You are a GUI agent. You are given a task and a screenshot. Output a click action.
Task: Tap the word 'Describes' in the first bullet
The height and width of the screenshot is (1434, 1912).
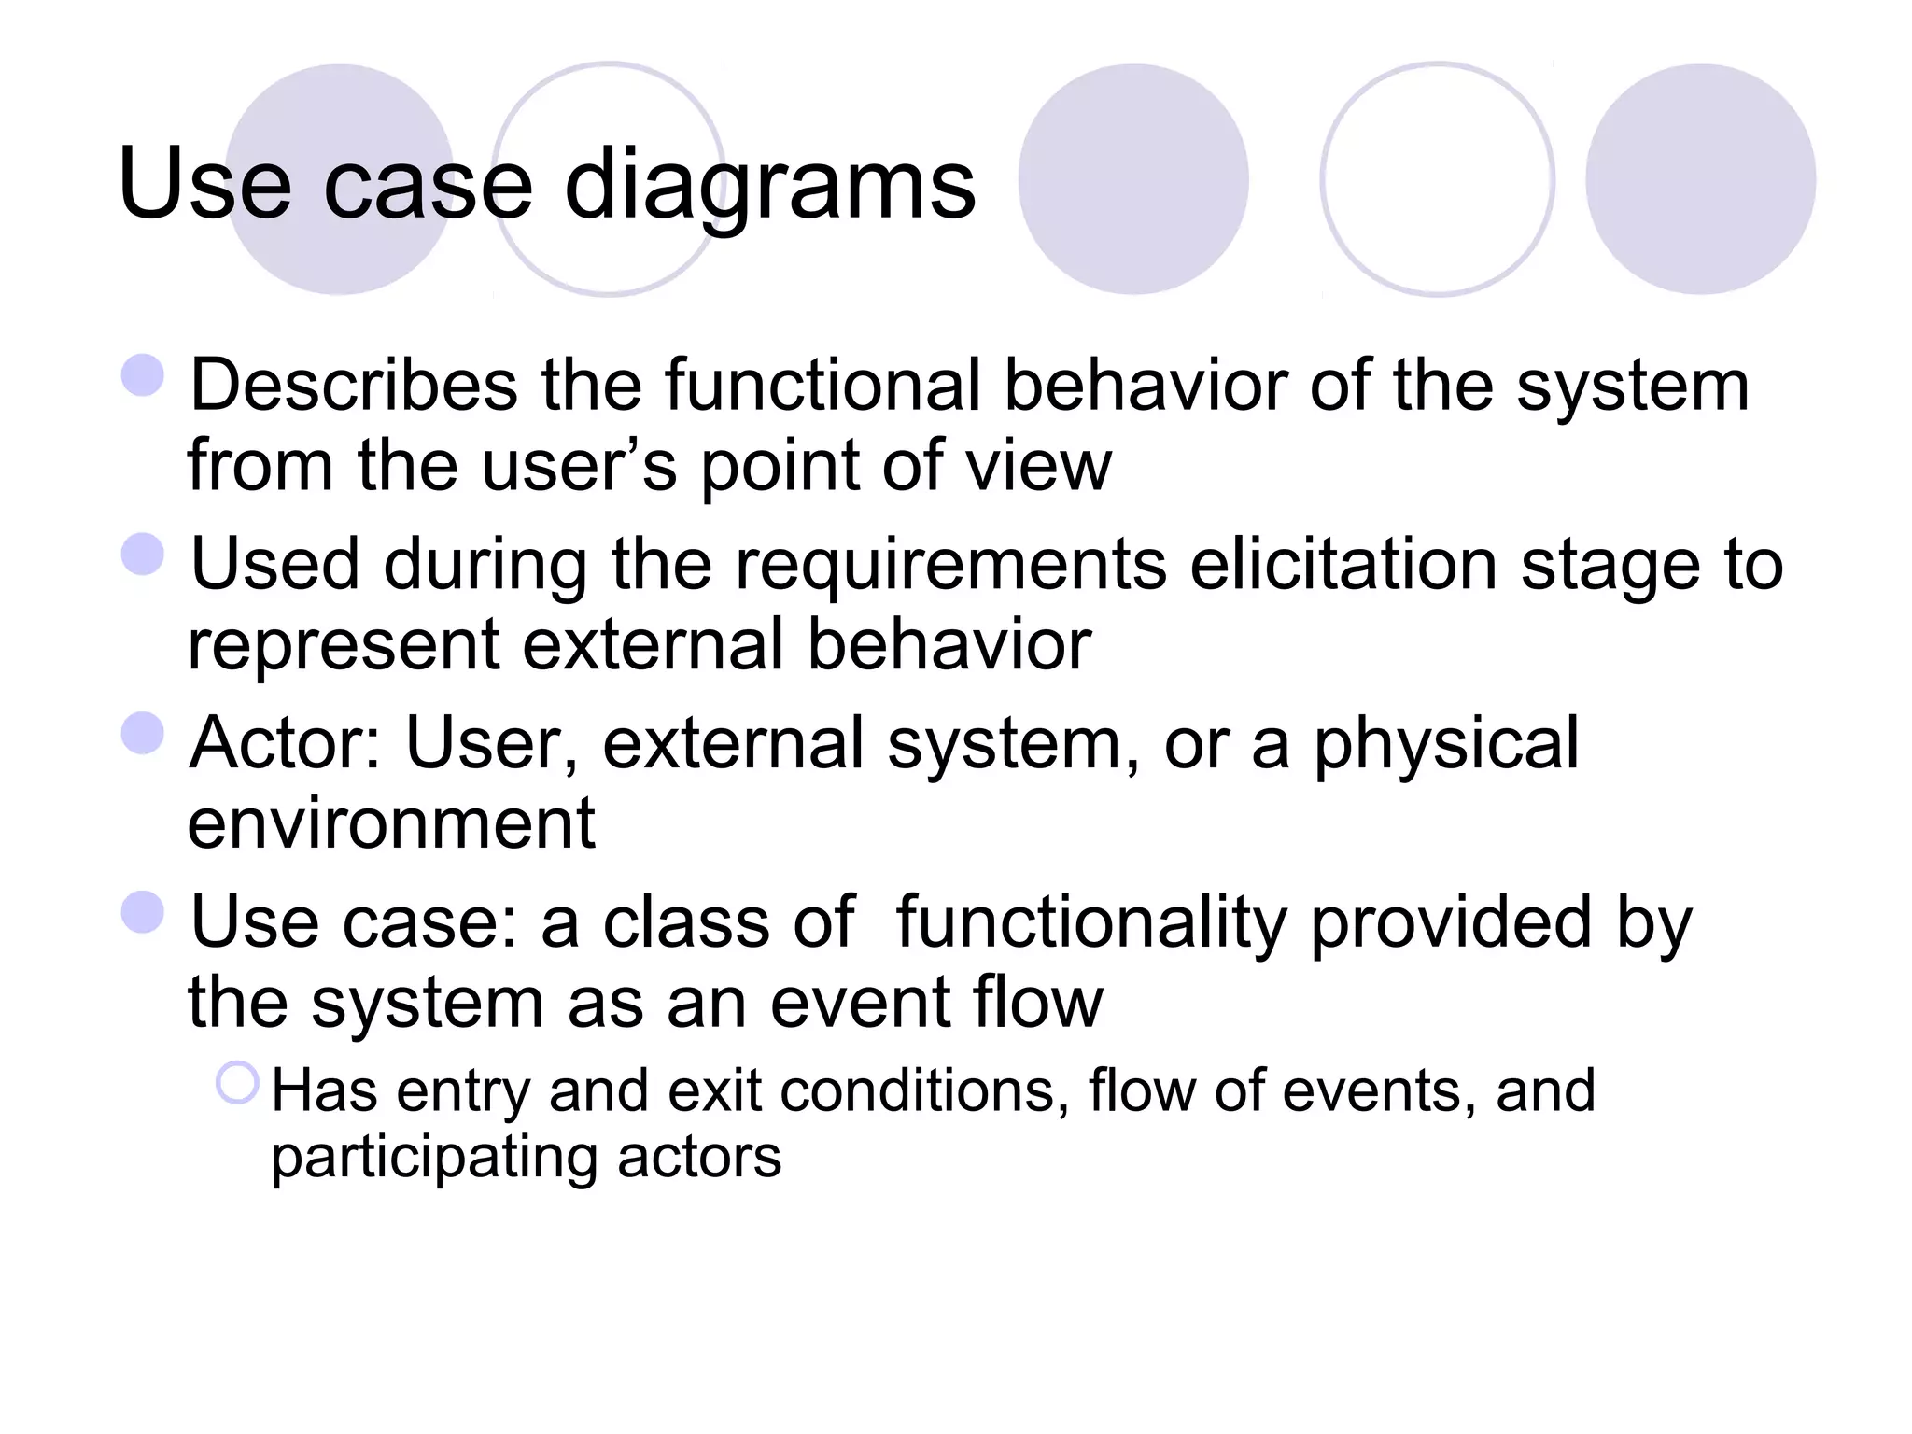(x=354, y=385)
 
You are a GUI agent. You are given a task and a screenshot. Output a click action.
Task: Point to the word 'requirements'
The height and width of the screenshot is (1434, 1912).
(x=950, y=565)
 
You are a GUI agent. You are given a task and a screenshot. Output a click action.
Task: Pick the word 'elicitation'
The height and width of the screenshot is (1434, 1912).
(x=1343, y=565)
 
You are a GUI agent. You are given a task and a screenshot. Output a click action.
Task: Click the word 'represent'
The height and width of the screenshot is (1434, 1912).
(x=344, y=646)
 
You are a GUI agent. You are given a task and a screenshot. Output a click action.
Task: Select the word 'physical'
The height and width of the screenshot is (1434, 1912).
(x=1446, y=743)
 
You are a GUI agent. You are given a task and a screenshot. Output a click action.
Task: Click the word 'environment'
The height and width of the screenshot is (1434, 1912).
(x=391, y=823)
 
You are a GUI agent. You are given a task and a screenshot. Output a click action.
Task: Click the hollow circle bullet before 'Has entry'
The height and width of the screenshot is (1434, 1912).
(x=237, y=1083)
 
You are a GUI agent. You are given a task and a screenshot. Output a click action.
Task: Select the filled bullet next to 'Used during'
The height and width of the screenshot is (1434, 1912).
(x=143, y=554)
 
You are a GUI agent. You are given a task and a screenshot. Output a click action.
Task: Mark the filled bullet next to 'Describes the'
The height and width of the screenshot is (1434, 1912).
(x=143, y=374)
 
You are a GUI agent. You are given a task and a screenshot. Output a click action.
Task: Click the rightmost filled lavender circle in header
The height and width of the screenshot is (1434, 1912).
(x=1700, y=179)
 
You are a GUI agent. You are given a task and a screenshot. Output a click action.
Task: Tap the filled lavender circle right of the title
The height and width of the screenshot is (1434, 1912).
(x=1132, y=179)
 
